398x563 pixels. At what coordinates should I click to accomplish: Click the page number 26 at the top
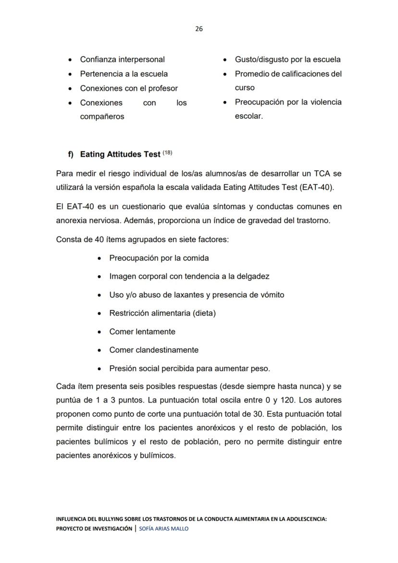coord(199,29)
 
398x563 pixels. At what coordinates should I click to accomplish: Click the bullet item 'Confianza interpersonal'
coord(122,60)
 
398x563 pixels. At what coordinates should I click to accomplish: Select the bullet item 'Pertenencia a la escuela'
coord(124,74)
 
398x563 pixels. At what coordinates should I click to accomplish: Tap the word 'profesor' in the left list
coord(162,89)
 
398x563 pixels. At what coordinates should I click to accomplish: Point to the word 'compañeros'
coord(102,117)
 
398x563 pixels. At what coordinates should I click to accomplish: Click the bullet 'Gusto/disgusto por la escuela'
coord(287,60)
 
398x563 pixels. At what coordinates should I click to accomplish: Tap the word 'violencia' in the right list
coord(324,102)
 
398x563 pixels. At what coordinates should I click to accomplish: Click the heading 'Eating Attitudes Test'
coord(120,155)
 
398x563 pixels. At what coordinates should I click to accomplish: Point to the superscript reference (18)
coord(167,153)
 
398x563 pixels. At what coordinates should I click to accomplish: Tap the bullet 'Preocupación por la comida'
coord(159,258)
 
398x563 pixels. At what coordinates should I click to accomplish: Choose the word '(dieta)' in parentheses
coord(204,313)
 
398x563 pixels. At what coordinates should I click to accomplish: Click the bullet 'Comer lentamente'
coord(142,332)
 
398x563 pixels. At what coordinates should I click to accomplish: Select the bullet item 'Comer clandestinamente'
coord(153,350)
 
